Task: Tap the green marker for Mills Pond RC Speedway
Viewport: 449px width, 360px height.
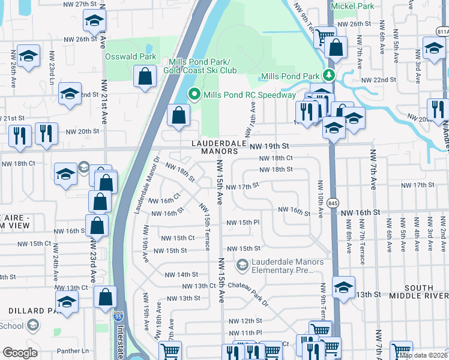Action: point(194,95)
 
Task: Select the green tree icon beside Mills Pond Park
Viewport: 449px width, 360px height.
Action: point(328,76)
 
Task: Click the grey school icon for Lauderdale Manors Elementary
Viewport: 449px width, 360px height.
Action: point(242,264)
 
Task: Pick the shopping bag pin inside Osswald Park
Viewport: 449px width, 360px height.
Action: point(145,77)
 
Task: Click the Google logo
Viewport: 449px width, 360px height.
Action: point(20,353)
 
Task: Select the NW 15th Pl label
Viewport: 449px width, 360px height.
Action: point(243,223)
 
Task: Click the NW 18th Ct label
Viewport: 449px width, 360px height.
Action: point(276,158)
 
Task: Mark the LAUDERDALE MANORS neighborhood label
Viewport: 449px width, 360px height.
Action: point(219,148)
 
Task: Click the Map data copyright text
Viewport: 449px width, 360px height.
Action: point(424,355)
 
